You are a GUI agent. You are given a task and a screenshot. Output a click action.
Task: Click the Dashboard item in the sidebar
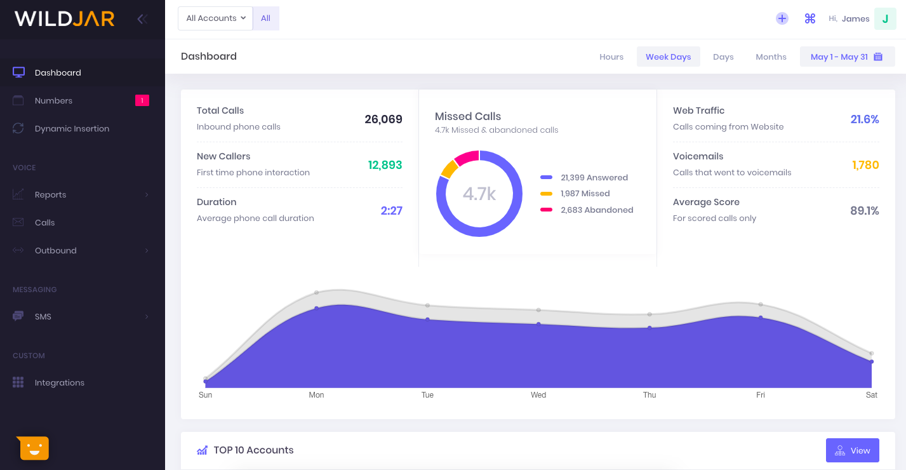point(58,72)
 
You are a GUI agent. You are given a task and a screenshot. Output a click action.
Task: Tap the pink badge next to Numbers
point(142,100)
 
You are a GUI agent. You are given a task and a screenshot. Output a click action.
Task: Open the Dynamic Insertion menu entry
point(72,128)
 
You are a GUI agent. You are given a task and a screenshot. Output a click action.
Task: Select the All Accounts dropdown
point(215,18)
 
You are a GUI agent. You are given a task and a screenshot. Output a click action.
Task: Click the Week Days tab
point(668,57)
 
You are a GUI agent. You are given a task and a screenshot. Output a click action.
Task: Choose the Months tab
point(771,57)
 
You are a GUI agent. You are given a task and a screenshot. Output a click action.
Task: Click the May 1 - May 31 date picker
point(847,57)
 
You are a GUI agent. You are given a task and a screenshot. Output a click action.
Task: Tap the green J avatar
point(885,19)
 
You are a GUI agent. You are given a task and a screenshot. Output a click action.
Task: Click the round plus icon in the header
point(782,19)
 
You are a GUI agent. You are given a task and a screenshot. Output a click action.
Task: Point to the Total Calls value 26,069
point(383,119)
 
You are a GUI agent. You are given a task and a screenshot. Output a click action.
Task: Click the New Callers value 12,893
point(385,165)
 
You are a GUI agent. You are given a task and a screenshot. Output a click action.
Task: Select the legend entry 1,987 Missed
point(585,194)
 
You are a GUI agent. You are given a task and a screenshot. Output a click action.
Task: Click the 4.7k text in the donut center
point(479,194)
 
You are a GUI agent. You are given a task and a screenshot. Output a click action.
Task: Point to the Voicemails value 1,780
point(865,165)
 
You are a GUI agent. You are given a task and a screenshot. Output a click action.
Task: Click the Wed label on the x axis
point(538,395)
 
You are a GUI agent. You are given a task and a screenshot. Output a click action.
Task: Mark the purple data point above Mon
point(316,308)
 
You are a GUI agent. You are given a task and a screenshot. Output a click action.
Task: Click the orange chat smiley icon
point(34,448)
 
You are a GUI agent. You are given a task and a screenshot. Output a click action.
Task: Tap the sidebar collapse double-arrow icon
point(142,19)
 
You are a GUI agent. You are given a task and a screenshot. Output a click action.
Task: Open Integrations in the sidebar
point(59,382)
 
